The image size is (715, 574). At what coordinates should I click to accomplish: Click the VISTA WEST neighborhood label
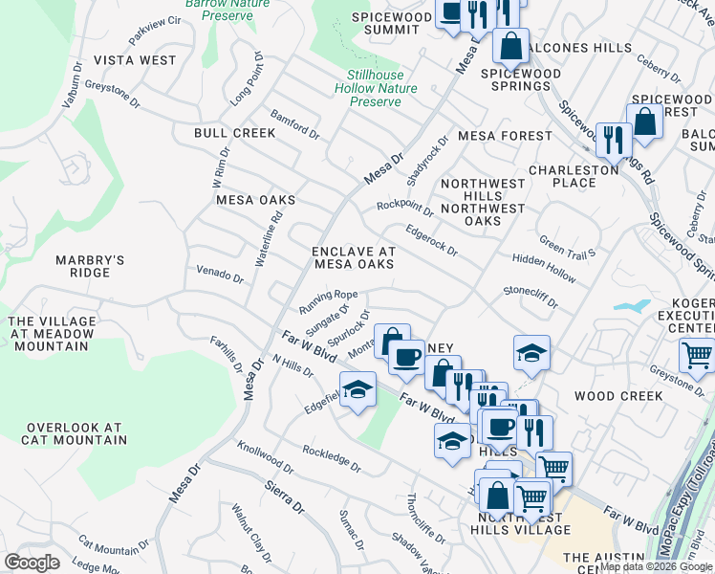141,60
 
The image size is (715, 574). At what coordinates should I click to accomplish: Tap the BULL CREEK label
234,133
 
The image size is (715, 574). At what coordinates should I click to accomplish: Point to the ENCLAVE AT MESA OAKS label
354,258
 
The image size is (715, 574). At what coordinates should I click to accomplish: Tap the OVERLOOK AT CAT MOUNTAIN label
76,433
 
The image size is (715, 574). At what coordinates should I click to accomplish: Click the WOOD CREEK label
618,395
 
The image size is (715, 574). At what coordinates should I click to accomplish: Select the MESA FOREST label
505,136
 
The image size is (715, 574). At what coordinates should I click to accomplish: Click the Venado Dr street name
220,275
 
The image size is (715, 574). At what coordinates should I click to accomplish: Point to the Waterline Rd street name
269,237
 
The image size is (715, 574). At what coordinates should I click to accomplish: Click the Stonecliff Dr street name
531,296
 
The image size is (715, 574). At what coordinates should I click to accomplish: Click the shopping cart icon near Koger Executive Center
697,355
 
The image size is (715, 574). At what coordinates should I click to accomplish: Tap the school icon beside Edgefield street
357,389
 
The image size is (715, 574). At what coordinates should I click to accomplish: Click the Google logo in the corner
32,563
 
